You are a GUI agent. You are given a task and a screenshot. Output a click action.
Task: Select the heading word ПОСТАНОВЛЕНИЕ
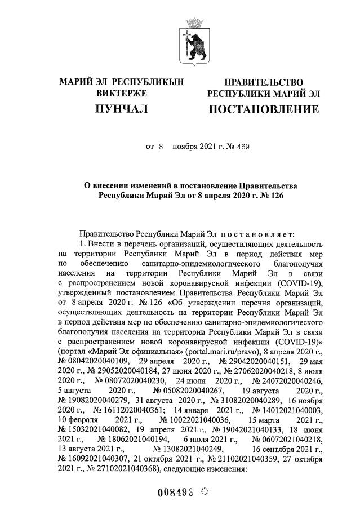263,109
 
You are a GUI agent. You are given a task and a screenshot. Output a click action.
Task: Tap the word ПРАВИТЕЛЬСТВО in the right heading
264,82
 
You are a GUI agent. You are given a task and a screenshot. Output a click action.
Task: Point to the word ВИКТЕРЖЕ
121,93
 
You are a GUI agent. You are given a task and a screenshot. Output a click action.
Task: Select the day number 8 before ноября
160,147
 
